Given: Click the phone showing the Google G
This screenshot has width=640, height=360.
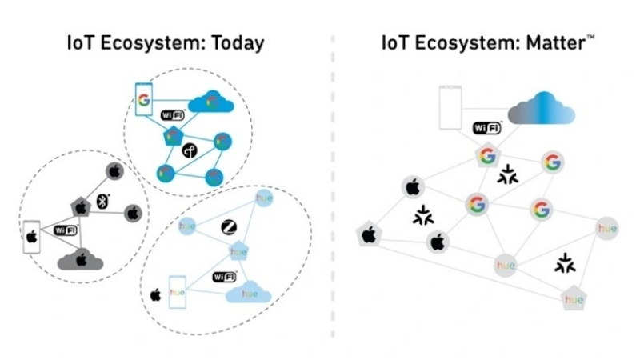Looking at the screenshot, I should pyautogui.click(x=144, y=102).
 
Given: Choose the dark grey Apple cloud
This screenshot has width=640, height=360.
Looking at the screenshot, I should pyautogui.click(x=81, y=258).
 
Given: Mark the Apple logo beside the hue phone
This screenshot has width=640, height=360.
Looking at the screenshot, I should pyautogui.click(x=155, y=294).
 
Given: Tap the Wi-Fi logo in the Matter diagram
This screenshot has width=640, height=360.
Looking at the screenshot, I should pyautogui.click(x=487, y=127).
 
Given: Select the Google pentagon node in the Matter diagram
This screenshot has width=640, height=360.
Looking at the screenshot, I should pyautogui.click(x=486, y=156).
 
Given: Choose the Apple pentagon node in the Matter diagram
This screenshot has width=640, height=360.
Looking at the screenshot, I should pyautogui.click(x=370, y=234).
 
